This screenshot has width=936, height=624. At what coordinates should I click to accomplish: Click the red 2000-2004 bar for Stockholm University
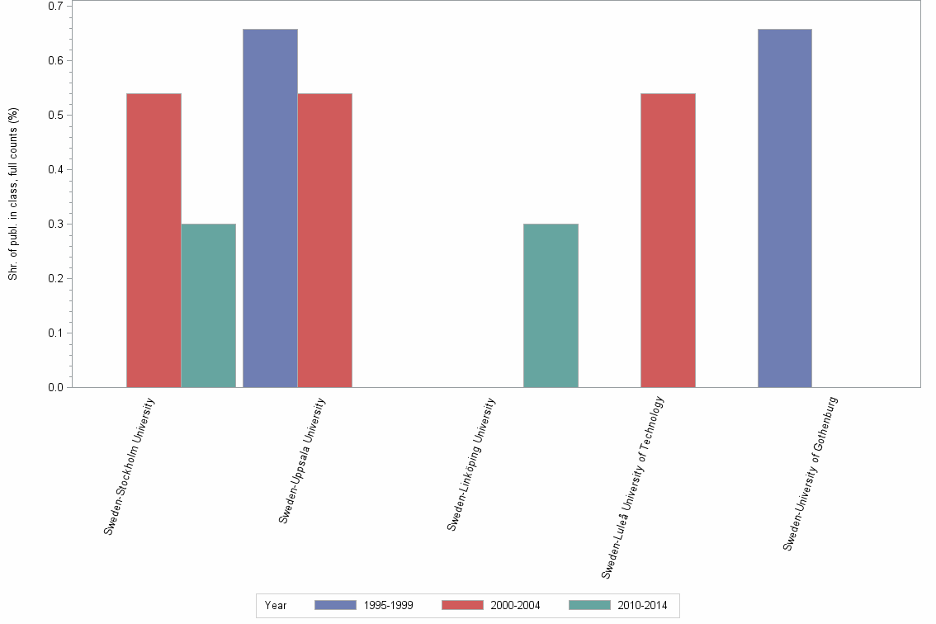[154, 240]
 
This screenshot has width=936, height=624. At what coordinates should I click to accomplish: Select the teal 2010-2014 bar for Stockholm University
[208, 305]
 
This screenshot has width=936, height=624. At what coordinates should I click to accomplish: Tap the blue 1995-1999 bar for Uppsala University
[270, 208]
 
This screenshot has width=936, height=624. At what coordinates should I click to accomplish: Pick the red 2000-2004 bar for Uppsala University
[324, 240]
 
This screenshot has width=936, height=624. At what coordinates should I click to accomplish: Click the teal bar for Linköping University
[551, 305]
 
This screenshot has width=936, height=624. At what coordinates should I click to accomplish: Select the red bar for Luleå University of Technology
[668, 240]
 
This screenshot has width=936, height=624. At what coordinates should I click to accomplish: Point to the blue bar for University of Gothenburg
[784, 208]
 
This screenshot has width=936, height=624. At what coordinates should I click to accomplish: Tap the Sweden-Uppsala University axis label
[302, 461]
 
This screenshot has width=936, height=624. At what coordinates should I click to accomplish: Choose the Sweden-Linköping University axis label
[471, 464]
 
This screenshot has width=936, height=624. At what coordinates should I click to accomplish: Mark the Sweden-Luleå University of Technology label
[633, 487]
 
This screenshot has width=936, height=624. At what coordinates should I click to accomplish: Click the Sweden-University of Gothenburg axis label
[811, 474]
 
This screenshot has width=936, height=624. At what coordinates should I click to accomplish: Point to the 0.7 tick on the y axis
[56, 7]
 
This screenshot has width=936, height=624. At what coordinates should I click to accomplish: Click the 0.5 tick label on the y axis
[56, 116]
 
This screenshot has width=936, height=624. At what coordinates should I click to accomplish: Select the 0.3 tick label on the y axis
[56, 225]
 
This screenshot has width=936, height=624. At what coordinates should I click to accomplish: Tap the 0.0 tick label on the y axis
[56, 387]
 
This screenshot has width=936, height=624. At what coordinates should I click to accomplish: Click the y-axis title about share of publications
[13, 194]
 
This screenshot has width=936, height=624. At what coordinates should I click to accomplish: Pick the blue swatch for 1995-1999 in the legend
[336, 605]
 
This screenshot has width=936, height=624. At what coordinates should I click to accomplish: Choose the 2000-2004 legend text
[515, 606]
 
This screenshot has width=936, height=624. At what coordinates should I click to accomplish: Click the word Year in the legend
[276, 606]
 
